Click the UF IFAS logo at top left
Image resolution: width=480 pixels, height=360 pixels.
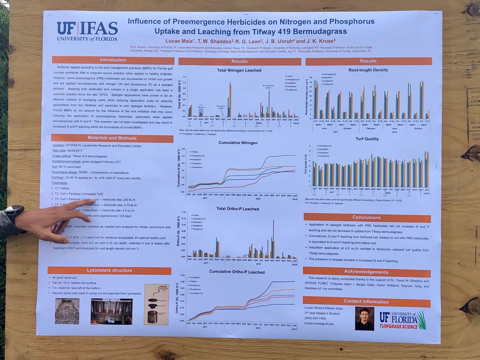(87, 31)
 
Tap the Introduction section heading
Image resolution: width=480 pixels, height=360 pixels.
(113, 60)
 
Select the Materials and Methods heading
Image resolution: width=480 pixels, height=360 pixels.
(112, 138)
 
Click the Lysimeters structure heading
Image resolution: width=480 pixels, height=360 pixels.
(109, 271)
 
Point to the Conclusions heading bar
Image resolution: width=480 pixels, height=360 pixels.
(366, 218)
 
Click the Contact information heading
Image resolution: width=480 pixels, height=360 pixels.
(366, 302)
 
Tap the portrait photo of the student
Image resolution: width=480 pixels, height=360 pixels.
(365, 319)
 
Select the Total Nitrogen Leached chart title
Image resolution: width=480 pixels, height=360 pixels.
(239, 70)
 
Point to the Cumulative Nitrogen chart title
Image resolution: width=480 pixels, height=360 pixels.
(238, 143)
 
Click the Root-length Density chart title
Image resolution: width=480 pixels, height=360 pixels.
(368, 70)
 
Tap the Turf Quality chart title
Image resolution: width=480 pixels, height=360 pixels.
(367, 139)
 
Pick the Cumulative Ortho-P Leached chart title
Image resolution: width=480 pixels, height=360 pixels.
(237, 272)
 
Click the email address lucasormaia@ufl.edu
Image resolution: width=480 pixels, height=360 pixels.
(319, 324)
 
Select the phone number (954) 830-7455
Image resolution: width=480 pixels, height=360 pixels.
(315, 319)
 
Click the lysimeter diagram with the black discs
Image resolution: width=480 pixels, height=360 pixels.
(156, 304)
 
